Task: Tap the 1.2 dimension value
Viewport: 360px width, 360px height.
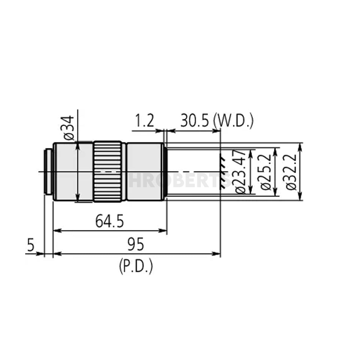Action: [145, 121]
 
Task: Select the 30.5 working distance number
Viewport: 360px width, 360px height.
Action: [195, 121]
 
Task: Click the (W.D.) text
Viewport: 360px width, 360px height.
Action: [233, 121]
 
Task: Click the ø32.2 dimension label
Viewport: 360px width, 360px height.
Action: [292, 172]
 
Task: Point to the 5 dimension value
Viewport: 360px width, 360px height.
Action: [31, 246]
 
